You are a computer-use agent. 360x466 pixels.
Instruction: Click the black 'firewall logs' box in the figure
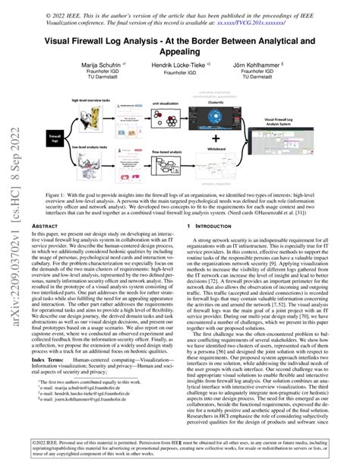pos(55,135)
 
